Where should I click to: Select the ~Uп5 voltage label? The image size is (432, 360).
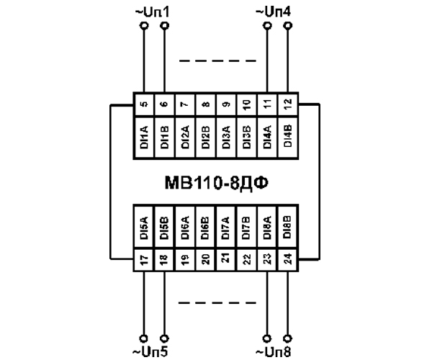(154, 351)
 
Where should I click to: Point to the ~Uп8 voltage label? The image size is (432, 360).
(276, 351)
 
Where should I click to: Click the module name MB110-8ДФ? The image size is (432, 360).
(216, 179)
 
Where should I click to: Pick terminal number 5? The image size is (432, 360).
(144, 103)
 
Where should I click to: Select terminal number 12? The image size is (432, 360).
(288, 103)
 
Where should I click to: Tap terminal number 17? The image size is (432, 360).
(144, 261)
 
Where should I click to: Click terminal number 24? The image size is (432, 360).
(288, 261)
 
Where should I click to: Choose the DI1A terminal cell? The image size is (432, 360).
(144, 135)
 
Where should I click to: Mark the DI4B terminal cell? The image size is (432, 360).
(288, 135)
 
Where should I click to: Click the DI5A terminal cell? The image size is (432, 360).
(144, 227)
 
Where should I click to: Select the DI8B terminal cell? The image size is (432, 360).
(288, 227)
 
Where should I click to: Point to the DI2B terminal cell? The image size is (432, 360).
(206, 135)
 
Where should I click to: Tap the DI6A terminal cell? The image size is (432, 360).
(185, 227)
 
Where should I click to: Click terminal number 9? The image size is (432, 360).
(227, 103)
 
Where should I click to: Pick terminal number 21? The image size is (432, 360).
(227, 261)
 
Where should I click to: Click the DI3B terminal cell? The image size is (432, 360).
(247, 135)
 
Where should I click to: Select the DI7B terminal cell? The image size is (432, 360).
(247, 227)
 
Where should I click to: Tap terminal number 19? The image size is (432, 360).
(185, 261)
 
